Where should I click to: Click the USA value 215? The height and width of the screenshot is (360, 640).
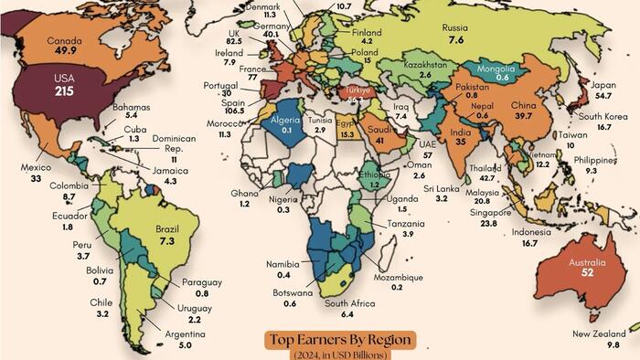coord(63,92)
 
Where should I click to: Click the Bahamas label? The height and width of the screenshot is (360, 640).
coord(131,107)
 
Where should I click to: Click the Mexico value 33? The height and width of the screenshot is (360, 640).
coord(36,180)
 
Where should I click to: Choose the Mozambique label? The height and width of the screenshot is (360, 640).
coord(398,277)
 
